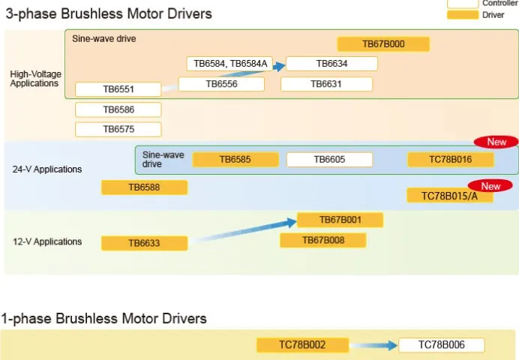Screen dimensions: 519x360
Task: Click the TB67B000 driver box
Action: click(383, 44)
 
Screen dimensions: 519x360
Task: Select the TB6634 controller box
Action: click(331, 64)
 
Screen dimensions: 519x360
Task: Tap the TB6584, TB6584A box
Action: click(229, 64)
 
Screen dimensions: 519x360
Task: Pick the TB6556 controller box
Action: click(221, 84)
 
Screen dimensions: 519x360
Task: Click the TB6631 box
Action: click(326, 84)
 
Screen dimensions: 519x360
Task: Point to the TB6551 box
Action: click(118, 89)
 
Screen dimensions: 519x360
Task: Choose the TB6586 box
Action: click(118, 109)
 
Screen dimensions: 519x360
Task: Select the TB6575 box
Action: click(118, 129)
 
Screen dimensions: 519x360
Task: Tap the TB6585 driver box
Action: click(235, 160)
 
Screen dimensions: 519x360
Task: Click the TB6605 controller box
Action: click(330, 160)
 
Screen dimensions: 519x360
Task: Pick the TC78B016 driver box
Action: click(451, 160)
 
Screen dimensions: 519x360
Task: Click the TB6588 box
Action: click(144, 187)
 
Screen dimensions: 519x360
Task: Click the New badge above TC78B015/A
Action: click(490, 186)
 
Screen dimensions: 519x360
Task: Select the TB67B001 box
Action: click(340, 220)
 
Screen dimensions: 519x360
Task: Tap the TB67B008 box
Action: click(323, 240)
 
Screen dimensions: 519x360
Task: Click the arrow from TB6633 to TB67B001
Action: click(243, 231)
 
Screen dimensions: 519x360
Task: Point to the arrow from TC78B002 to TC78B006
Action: click(373, 346)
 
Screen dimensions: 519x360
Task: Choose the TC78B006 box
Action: click(442, 345)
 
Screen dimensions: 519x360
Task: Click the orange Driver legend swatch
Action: click(463, 15)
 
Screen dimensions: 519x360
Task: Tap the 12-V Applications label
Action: click(47, 241)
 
